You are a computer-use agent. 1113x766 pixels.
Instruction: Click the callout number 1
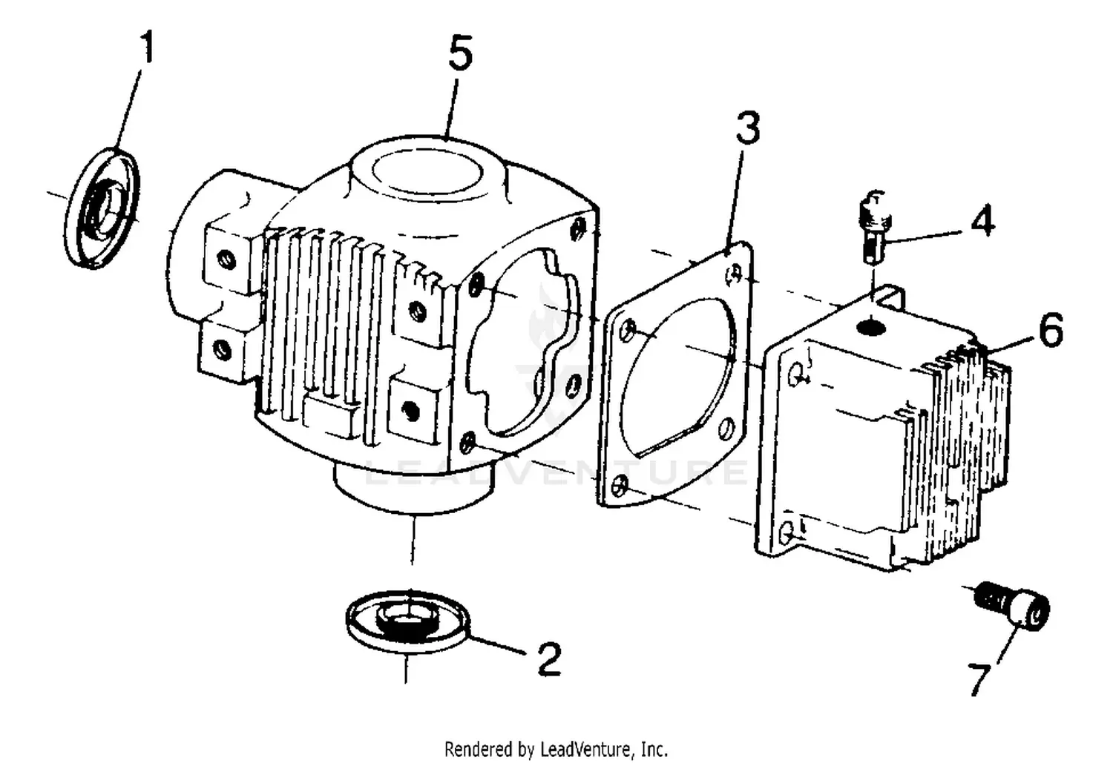(x=148, y=48)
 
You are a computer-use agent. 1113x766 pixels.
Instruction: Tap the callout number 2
(x=548, y=658)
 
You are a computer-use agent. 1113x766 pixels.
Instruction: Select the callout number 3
(x=747, y=128)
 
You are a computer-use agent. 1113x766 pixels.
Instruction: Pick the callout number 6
(x=1050, y=330)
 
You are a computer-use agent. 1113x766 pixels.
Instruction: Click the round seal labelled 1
(x=102, y=208)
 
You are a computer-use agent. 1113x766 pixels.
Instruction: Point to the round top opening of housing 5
(x=430, y=174)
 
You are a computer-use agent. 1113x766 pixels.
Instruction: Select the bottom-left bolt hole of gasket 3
(x=622, y=486)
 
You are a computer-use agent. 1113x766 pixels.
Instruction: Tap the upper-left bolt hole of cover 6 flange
(x=796, y=373)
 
